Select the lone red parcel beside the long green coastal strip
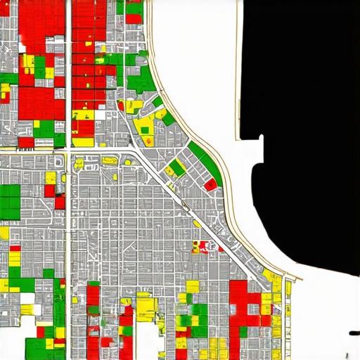coord(210,184)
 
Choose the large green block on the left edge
coord(10,200)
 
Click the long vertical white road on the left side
coord(68,211)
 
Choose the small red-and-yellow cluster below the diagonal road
coord(200,247)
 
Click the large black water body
coord(302,105)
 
